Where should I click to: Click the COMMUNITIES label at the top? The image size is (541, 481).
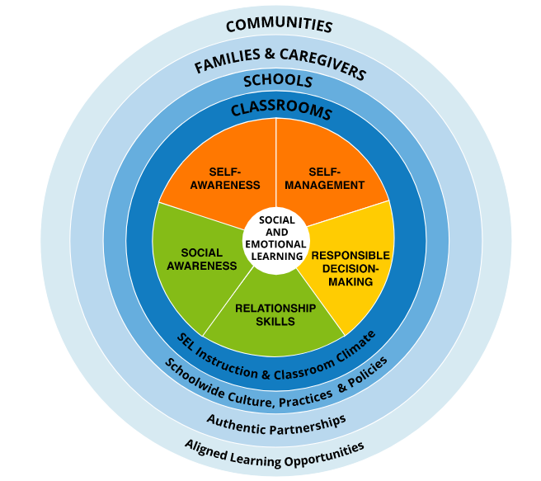click(x=279, y=25)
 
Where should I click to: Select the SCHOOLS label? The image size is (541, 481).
click(x=278, y=80)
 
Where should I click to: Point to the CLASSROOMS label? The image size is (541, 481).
click(x=281, y=110)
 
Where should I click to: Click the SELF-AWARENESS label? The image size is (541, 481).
click(x=225, y=178)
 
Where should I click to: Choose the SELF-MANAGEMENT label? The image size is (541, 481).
click(x=324, y=178)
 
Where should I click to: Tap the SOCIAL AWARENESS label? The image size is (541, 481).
click(x=202, y=259)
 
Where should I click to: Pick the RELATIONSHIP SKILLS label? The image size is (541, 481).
click(x=275, y=314)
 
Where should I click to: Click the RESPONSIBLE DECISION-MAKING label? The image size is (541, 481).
click(x=350, y=268)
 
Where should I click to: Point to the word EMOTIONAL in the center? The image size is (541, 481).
click(x=275, y=244)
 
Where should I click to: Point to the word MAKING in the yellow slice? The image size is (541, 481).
click(x=350, y=281)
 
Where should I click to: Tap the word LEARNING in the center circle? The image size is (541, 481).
click(x=277, y=257)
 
